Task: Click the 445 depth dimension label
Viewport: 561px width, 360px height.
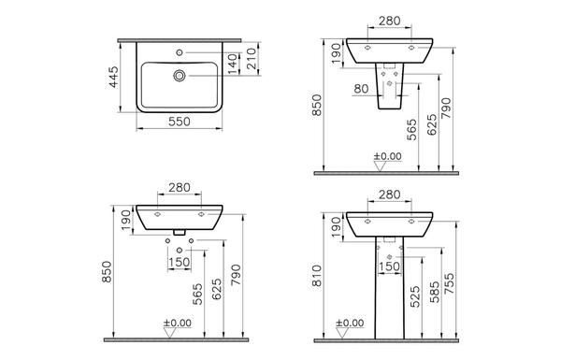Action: [113, 77]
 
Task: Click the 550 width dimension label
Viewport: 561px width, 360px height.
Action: [180, 122]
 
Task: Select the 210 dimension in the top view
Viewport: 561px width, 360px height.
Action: [252, 59]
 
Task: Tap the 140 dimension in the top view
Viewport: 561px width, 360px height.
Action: [233, 65]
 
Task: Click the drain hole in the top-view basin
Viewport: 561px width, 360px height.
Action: [180, 76]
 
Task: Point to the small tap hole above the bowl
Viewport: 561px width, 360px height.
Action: [180, 52]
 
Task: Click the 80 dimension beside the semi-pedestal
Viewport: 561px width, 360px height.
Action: [361, 89]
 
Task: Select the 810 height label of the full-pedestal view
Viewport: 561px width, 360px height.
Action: [317, 276]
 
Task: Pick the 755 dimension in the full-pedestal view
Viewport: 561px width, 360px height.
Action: [449, 283]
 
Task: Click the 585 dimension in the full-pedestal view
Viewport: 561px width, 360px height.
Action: [435, 292]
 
